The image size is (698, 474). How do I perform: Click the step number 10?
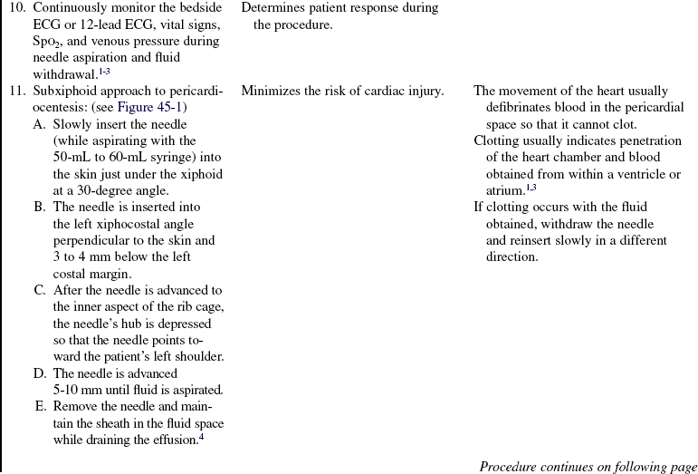[16, 8]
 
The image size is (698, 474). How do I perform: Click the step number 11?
[16, 92]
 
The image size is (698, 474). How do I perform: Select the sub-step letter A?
[39, 124]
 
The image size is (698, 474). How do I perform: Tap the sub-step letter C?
[39, 290]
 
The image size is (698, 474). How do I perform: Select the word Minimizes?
[271, 92]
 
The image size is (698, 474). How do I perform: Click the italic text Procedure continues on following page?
[588, 467]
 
